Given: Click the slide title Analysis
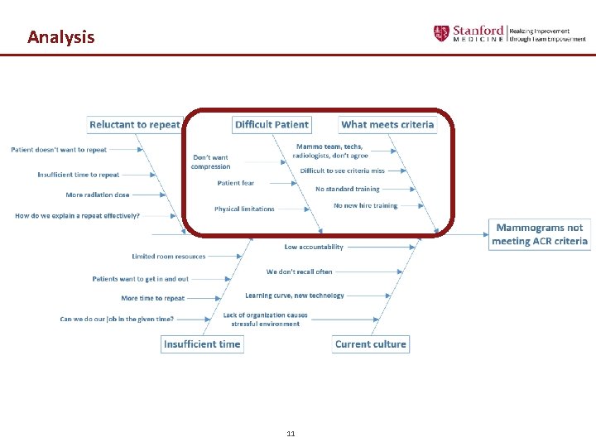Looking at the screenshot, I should (60, 37).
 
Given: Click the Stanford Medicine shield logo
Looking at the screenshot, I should (441, 33).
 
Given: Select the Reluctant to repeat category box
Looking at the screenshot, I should (134, 125).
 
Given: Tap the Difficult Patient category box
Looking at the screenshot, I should (272, 125).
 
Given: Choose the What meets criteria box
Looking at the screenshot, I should (387, 125).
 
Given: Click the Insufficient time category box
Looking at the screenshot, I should (202, 344).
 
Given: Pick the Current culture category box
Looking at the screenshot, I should (370, 344).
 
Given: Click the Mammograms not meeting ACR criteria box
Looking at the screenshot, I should (539, 234).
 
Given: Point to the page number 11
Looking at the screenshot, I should (291, 434).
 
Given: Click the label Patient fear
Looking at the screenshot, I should (236, 183).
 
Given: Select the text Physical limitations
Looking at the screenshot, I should (244, 209).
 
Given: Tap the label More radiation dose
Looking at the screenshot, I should (98, 195).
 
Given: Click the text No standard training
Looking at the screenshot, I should (347, 189).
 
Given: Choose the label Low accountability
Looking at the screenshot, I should (314, 247).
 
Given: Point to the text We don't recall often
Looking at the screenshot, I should (299, 272).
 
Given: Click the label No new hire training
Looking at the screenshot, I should (365, 205).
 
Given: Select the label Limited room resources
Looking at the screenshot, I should (169, 257).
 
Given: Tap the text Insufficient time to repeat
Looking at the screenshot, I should (79, 175).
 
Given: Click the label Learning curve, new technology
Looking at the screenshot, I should (294, 296).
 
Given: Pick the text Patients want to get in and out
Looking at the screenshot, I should (140, 279).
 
